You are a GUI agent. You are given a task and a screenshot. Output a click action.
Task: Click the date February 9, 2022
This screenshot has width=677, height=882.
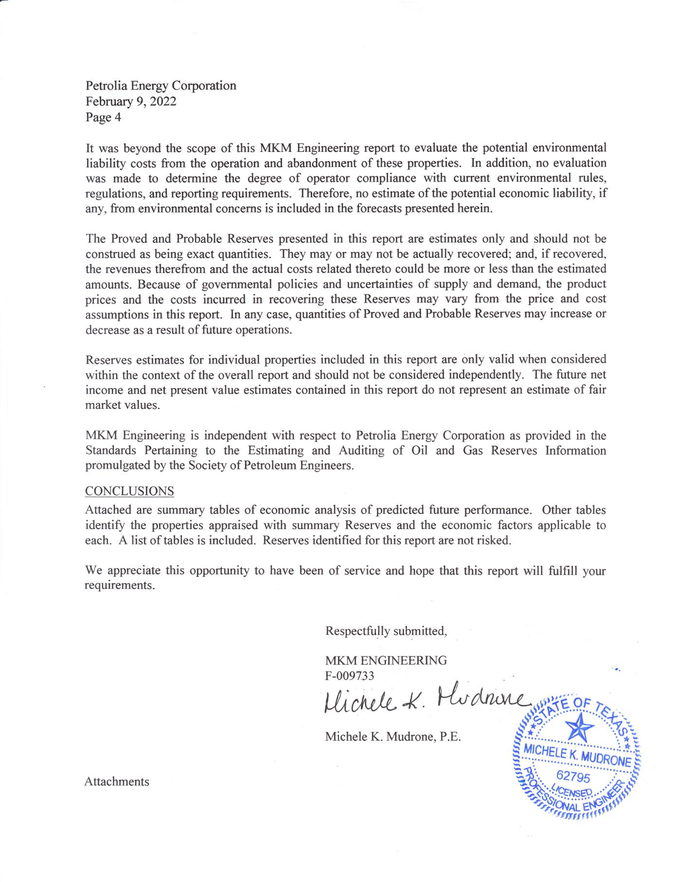(131, 102)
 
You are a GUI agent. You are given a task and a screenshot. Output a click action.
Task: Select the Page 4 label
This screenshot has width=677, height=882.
(103, 117)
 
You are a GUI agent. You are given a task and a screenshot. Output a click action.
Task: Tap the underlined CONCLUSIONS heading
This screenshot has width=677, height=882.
(129, 491)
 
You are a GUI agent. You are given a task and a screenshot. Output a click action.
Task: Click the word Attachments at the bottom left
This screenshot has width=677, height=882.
(117, 782)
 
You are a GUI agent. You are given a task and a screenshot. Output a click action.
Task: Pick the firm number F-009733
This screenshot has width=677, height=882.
(349, 676)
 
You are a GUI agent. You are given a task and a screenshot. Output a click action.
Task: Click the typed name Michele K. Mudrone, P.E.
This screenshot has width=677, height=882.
(392, 736)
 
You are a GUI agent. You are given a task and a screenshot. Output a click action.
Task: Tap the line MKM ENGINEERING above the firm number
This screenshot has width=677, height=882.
(386, 661)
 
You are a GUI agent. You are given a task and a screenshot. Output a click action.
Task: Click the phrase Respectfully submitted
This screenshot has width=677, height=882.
(386, 631)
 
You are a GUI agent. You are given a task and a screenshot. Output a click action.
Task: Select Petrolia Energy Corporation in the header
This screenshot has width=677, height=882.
(161, 86)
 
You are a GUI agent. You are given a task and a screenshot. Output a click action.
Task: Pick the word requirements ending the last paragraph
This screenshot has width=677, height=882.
(120, 586)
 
